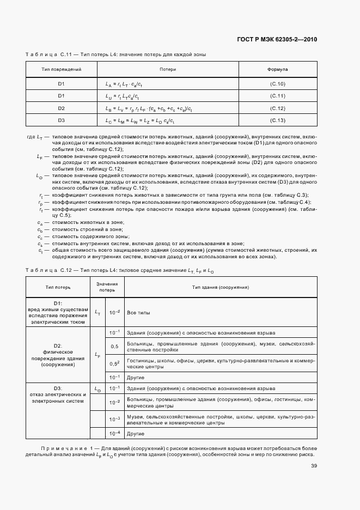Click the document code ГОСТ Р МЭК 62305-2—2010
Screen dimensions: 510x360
tap(277, 39)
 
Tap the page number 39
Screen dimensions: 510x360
tap(314, 465)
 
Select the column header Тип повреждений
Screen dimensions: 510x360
tap(62, 70)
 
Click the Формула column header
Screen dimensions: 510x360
tap(278, 70)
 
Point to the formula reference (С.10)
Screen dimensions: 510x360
tap(278, 83)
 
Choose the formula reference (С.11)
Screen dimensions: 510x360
tap(278, 96)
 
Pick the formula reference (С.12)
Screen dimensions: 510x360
tap(278, 108)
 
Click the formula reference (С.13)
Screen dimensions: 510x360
tap(278, 120)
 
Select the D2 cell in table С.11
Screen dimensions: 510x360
tap(62, 108)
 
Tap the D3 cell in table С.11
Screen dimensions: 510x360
tap(62, 120)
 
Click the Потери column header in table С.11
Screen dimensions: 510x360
tap(168, 70)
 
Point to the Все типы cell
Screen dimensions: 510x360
tap(138, 313)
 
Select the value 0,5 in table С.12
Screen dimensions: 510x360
tap(115, 347)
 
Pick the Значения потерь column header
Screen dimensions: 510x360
tap(107, 287)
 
